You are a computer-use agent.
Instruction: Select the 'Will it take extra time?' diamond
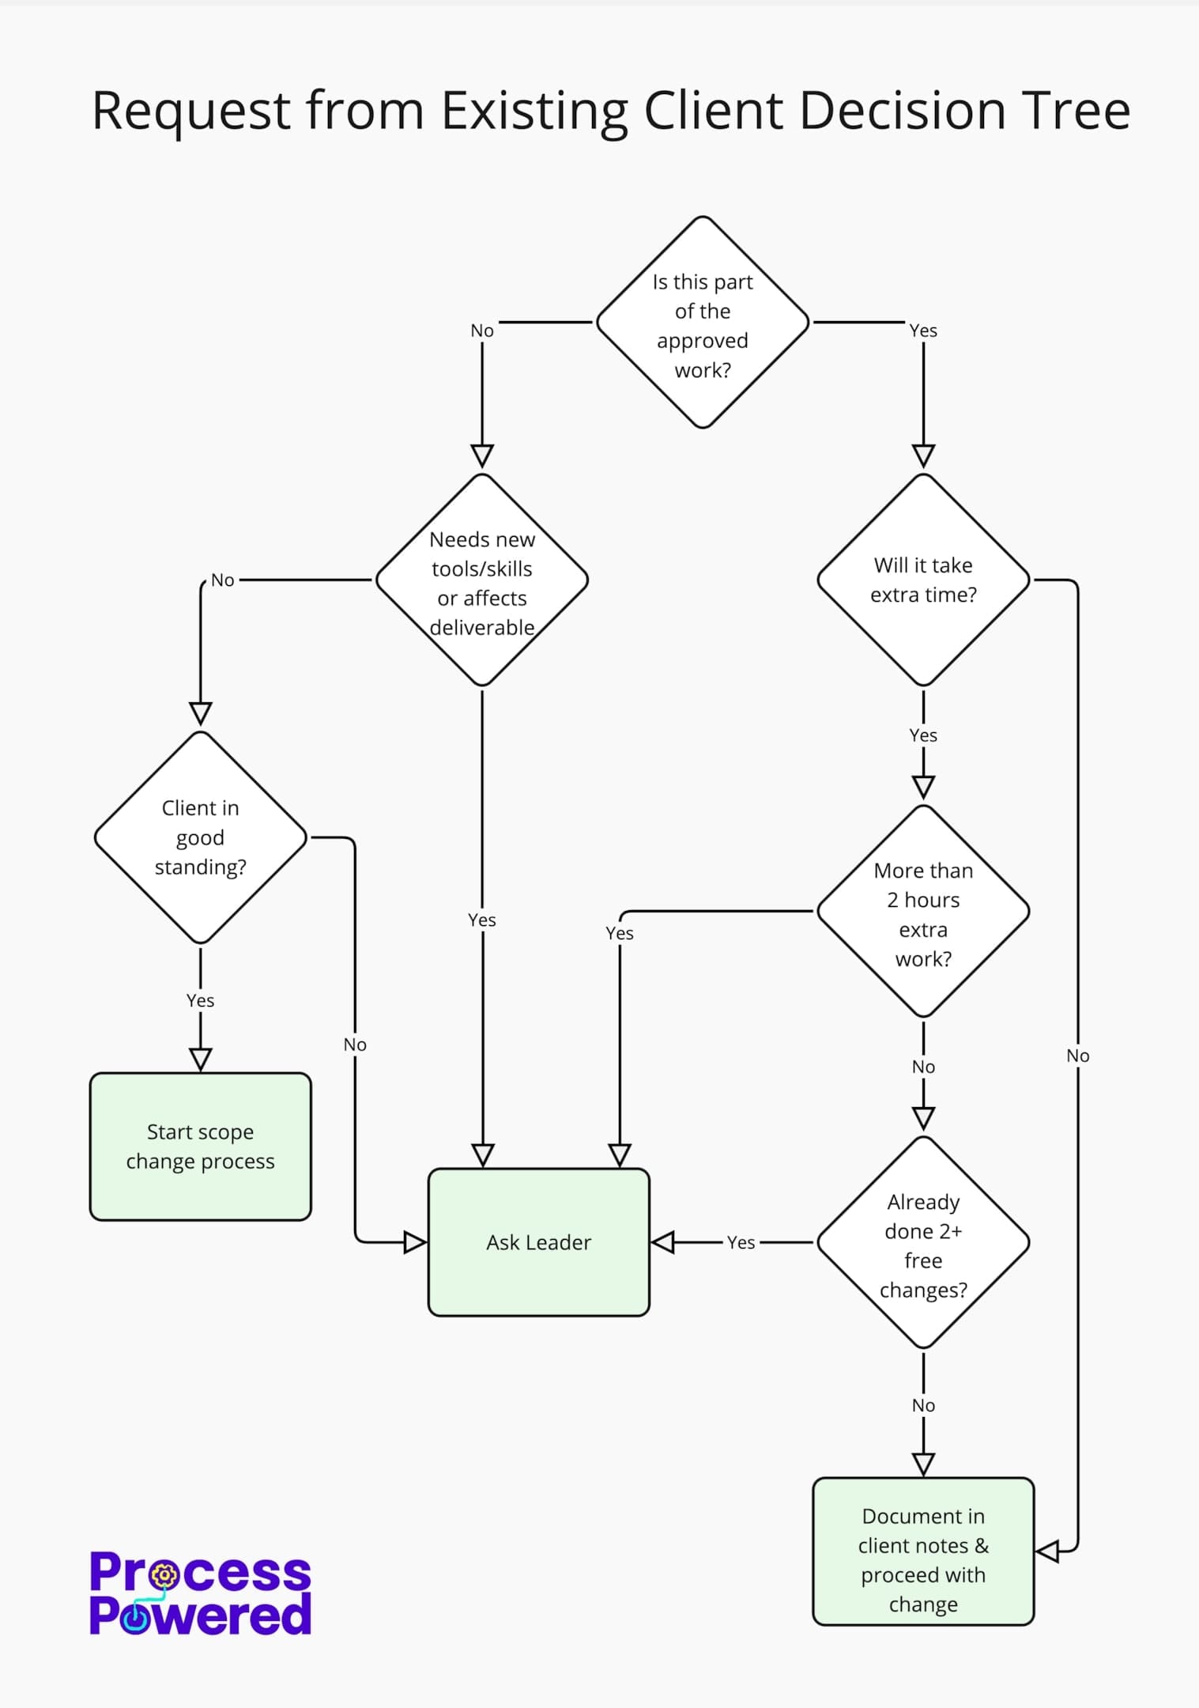point(923,580)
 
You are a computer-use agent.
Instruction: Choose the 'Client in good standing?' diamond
point(200,837)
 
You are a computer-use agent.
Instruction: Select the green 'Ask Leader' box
point(538,1242)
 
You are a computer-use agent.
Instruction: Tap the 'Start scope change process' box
point(200,1147)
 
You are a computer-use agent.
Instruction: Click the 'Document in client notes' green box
point(923,1551)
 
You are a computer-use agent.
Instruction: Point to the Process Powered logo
point(200,1593)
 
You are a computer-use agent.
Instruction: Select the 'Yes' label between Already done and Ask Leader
point(741,1242)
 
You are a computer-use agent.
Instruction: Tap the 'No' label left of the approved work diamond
point(482,331)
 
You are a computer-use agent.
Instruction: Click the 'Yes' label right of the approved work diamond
point(923,331)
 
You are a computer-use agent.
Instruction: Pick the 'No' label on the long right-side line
point(1077,1056)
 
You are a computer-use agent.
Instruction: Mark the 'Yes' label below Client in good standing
point(200,1000)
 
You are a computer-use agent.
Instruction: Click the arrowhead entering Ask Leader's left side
point(415,1242)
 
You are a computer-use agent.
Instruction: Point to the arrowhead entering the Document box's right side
point(1048,1551)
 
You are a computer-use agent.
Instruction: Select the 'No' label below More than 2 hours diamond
point(923,1067)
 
